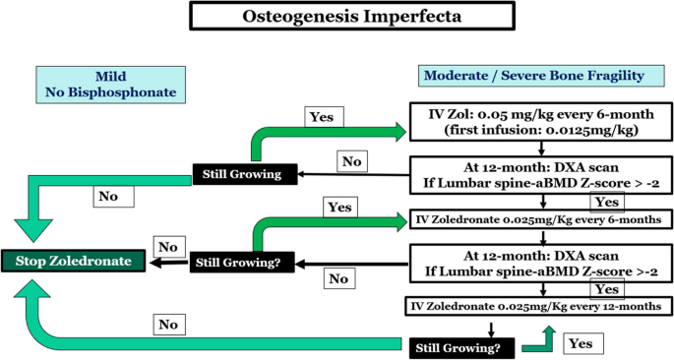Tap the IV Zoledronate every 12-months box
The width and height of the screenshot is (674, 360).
click(534, 307)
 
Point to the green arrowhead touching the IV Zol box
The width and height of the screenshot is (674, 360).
click(400, 128)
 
